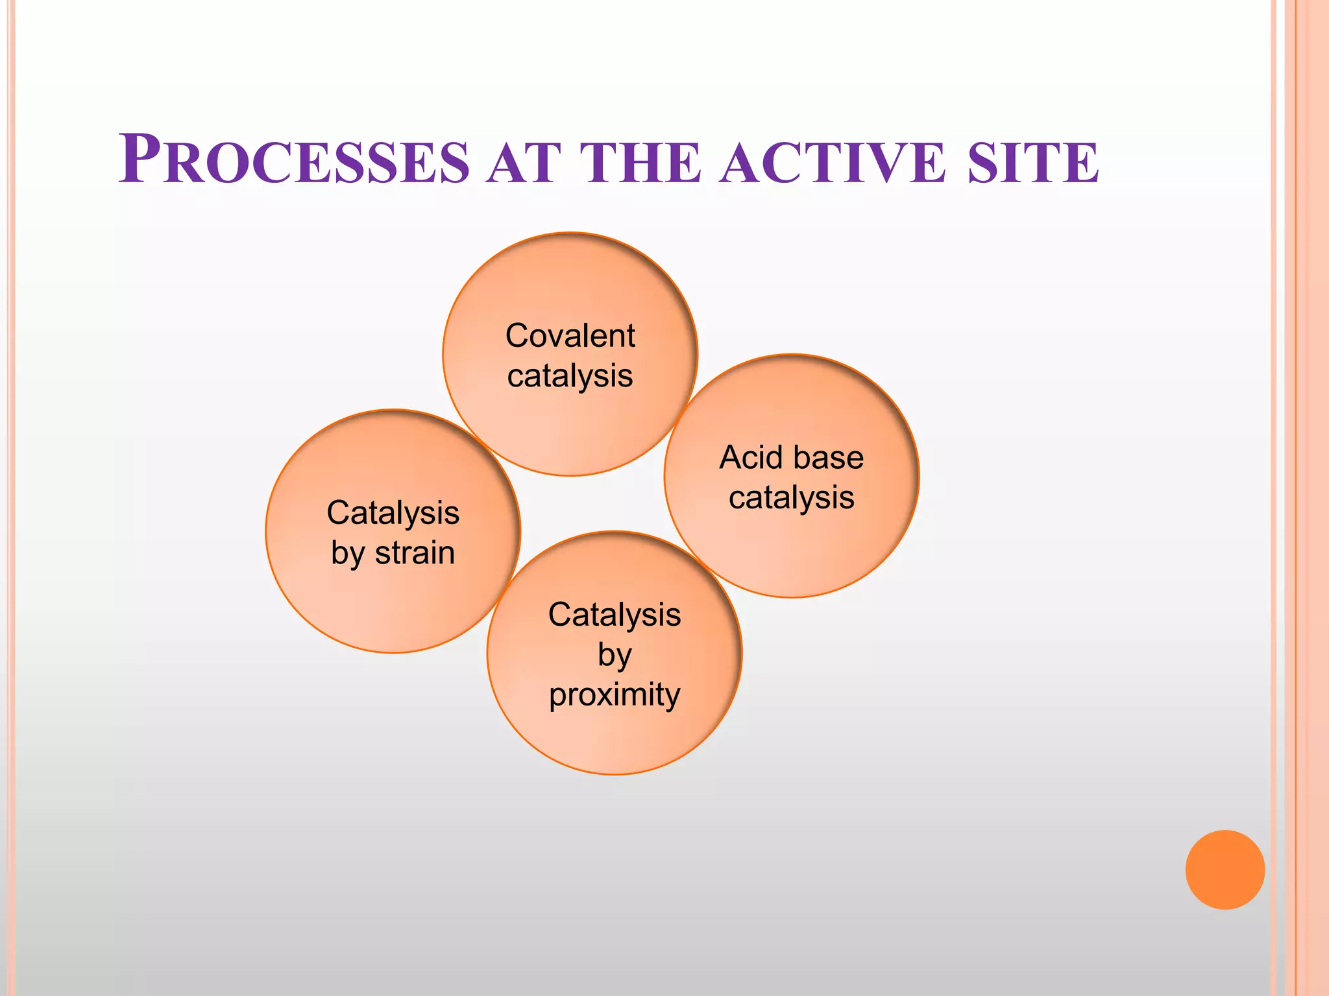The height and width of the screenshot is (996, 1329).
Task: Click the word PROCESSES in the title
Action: tap(293, 160)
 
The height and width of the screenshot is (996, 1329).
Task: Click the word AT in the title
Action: tap(524, 162)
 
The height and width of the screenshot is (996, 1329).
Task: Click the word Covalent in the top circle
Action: tap(570, 336)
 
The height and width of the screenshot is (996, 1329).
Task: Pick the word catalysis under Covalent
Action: tap(570, 376)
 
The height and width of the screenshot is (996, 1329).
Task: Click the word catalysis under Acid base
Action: tap(791, 498)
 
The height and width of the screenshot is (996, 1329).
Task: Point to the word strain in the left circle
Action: tap(415, 553)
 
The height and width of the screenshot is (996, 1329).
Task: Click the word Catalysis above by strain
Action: tap(393, 513)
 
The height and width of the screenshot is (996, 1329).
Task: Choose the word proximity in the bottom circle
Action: tap(614, 695)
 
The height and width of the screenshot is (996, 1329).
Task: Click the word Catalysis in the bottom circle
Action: tap(614, 615)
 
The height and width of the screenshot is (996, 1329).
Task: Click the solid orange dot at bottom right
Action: tap(1225, 870)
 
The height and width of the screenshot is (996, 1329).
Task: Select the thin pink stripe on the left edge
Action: tap(11, 498)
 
